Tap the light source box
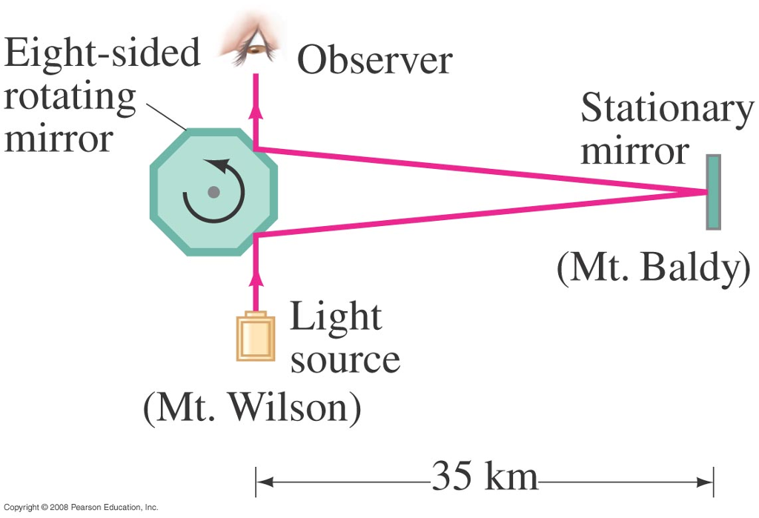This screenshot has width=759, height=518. point(255,337)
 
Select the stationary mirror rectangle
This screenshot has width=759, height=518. point(713,192)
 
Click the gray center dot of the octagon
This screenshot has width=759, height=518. point(213,192)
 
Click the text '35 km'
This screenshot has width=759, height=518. point(485,477)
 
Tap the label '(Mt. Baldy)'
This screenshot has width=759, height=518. point(652,269)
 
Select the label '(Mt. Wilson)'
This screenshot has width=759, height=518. point(252,405)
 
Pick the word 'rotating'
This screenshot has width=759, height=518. point(70,97)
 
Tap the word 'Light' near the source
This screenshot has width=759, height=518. point(335,316)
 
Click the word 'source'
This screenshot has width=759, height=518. point(345,359)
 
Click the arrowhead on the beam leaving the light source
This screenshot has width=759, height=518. point(256,279)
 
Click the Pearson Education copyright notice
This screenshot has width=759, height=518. point(81,508)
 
